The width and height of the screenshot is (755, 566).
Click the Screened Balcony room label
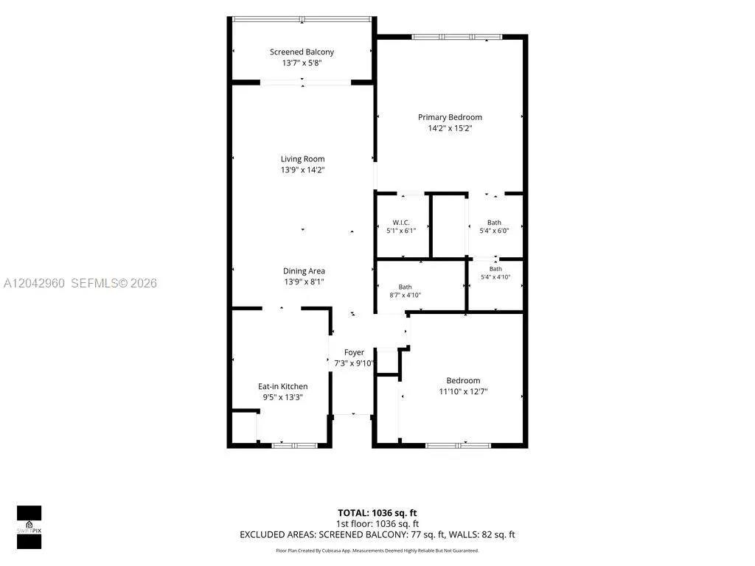[302, 52]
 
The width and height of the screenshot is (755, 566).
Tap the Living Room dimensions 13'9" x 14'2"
[303, 170]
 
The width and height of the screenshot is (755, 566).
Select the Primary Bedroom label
[450, 117]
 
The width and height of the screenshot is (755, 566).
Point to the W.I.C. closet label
[401, 223]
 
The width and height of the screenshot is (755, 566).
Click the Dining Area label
[304, 271]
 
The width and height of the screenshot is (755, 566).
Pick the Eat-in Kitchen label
[282, 386]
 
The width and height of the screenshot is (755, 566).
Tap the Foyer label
[354, 352]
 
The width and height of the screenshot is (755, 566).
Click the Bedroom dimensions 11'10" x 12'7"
[463, 392]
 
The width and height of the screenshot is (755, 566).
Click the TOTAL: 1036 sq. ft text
[377, 513]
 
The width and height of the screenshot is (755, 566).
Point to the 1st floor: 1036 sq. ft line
[377, 524]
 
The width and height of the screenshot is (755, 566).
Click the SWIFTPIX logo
[29, 527]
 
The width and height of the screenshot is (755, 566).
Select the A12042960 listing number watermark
[34, 283]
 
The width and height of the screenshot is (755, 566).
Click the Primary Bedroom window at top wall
[456, 37]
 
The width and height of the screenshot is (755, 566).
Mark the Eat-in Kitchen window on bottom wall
[294, 446]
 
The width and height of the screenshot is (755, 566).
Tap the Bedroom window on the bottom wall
[458, 446]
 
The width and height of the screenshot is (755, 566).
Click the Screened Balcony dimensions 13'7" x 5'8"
[302, 63]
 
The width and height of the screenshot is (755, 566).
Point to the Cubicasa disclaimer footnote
[377, 551]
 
